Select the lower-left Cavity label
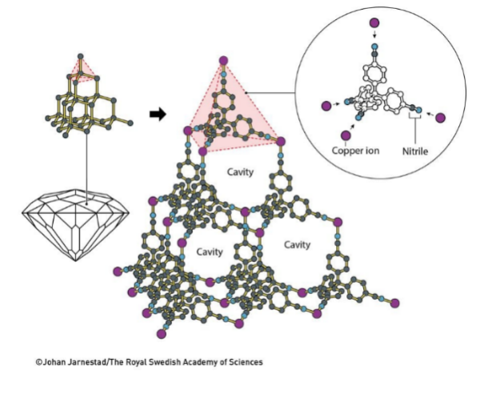pyautogui.click(x=209, y=251)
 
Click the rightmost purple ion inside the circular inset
pyautogui.click(x=441, y=117)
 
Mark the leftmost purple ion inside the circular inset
pyautogui.click(x=325, y=106)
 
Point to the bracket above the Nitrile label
pyautogui.click(x=416, y=119)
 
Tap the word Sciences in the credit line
pyautogui.click(x=244, y=361)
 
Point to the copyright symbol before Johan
pyautogui.click(x=38, y=361)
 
